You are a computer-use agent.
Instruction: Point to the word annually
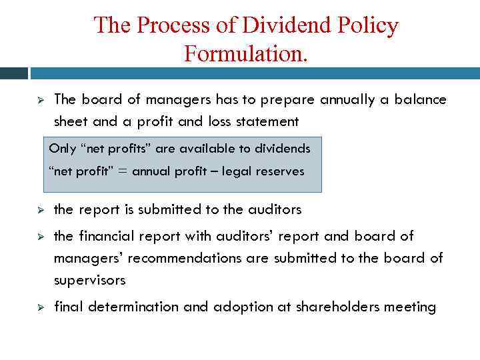coord(352,99)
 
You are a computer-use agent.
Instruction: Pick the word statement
coord(265,121)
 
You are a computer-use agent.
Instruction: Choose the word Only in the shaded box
coord(63,148)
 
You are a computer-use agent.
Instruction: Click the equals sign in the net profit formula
coord(123,171)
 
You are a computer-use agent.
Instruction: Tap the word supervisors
coord(89,280)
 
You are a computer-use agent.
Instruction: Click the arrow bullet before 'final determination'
coord(40,307)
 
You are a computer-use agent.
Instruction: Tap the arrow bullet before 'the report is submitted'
coord(40,210)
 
